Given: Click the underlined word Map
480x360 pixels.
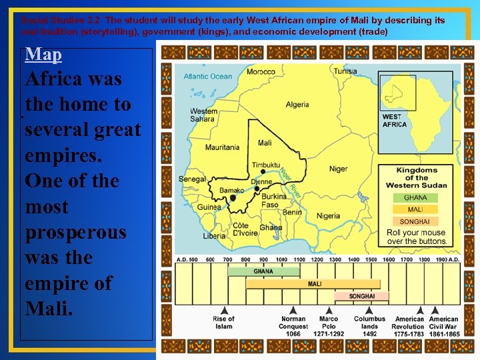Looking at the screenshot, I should (43, 54).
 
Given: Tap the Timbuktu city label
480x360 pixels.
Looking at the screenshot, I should (266, 165).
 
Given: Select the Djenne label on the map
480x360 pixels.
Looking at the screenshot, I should (261, 181).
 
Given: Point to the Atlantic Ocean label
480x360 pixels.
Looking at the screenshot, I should (208, 76).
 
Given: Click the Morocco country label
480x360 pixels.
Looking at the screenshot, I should (261, 71).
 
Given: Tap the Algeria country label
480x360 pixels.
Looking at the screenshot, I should (297, 105).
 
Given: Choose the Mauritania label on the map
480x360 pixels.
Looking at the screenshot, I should (223, 147).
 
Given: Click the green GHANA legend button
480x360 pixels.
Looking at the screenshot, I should (416, 197).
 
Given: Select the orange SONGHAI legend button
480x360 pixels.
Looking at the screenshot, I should (416, 221).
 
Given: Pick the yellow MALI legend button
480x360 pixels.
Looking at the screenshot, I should (416, 209).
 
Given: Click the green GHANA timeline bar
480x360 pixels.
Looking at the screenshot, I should (263, 271).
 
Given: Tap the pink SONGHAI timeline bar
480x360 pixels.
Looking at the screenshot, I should (362, 296).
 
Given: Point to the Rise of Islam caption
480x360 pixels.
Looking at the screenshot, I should (224, 323).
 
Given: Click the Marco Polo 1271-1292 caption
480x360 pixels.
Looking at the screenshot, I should (328, 326).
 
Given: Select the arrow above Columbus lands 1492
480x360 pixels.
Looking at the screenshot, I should (369, 309).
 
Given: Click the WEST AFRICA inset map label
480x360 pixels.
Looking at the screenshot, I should (394, 121).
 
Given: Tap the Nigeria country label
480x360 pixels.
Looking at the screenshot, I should (328, 216).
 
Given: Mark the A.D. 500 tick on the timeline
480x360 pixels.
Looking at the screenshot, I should (186, 259).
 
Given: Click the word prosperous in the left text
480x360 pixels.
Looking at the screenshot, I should (75, 232).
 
